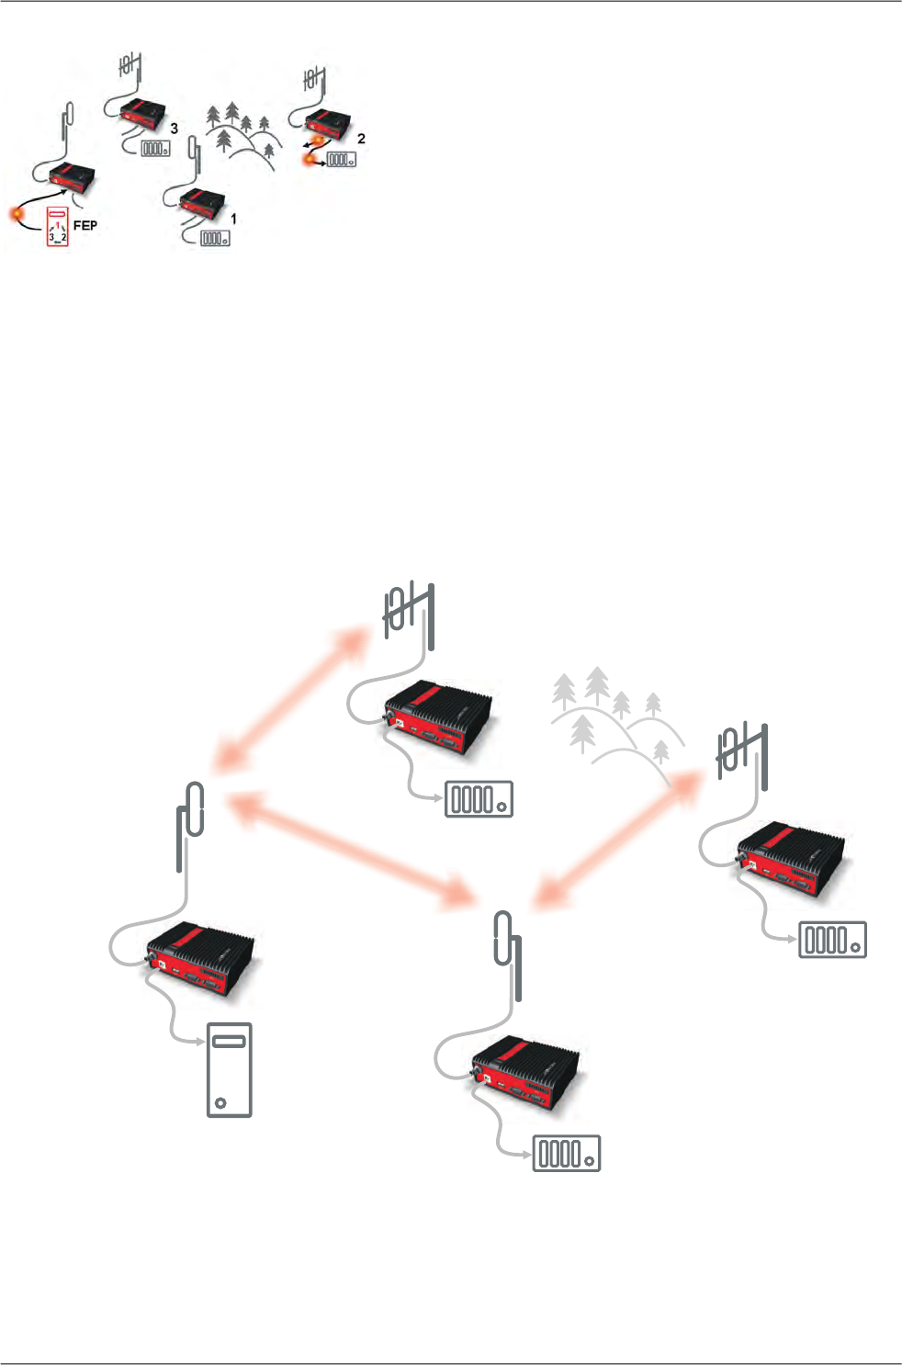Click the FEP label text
85,225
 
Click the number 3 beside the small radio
174,129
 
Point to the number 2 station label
361,138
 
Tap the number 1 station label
233,219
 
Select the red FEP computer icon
58,228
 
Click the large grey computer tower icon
229,1070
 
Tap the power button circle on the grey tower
219,1101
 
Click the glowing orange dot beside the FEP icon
17,215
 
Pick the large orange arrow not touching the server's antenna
613,841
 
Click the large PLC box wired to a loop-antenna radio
566,1153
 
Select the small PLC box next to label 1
213,238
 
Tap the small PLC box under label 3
154,148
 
